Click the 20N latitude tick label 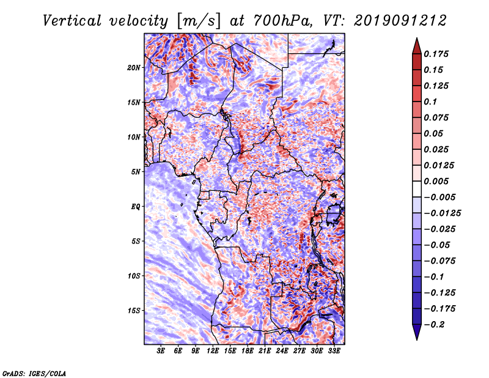(x=133, y=68)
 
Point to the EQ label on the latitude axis (x=135, y=207)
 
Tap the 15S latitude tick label (x=134, y=311)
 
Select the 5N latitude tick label (x=136, y=172)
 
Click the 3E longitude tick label (x=161, y=350)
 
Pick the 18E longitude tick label (x=248, y=350)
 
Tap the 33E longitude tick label (x=334, y=350)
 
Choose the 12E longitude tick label (x=213, y=350)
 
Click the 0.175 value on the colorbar (x=436, y=54)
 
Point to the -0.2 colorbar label (x=434, y=325)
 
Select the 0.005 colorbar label (x=436, y=181)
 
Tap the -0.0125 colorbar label (x=442, y=213)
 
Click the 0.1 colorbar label (x=430, y=102)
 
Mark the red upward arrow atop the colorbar (x=417, y=46)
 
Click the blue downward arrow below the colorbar (x=417, y=332)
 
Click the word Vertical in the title (x=72, y=21)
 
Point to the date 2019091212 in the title (x=400, y=21)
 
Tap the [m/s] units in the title (x=199, y=21)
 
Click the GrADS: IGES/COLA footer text (x=34, y=373)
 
